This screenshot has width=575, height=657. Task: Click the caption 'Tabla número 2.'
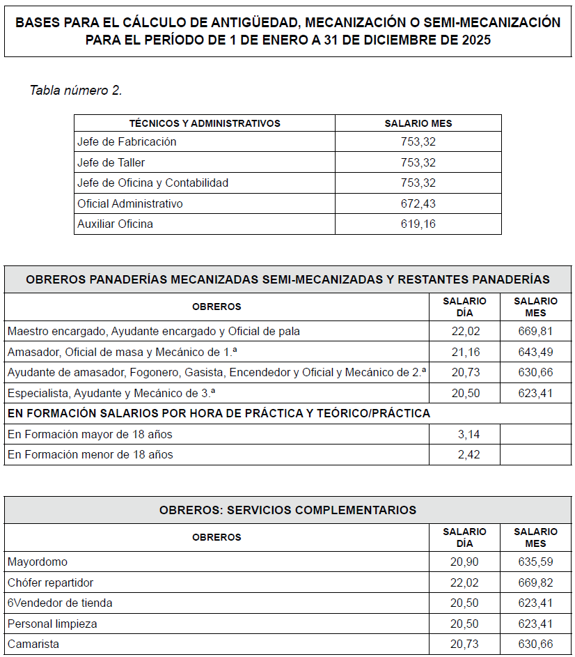[x=76, y=91]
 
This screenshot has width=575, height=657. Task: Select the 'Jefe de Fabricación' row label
[x=127, y=141]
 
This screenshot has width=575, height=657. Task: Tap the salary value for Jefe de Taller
[x=418, y=162]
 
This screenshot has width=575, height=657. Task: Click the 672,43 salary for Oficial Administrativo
[x=418, y=203]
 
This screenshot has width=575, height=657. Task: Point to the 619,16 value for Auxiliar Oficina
[x=418, y=224]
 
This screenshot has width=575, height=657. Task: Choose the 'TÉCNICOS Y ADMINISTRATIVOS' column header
[x=205, y=123]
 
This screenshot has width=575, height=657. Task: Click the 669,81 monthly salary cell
[x=535, y=331]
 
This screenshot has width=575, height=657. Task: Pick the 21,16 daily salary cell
[x=465, y=352]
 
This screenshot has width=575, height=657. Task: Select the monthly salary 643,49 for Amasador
[x=535, y=352]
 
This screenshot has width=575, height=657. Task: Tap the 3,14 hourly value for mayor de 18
[x=465, y=434]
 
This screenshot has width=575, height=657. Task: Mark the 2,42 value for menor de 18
[x=465, y=454]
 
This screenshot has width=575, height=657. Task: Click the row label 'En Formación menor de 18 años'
[x=90, y=454]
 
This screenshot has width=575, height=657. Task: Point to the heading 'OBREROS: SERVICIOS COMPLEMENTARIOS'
[x=287, y=510]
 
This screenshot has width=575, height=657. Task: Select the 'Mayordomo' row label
[x=38, y=562]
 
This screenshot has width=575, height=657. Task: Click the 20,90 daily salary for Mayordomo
[x=465, y=562]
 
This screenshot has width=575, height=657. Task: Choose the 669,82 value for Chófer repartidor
[x=535, y=582]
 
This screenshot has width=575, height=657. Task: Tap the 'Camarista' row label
[x=33, y=644]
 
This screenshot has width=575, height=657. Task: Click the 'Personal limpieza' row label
[x=52, y=624]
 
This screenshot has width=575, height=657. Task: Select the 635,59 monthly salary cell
[x=535, y=562]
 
